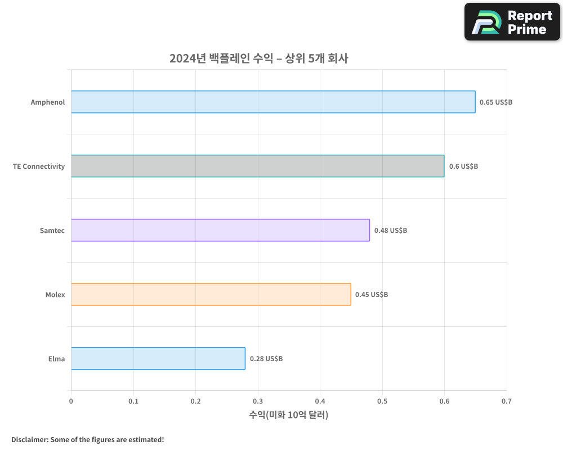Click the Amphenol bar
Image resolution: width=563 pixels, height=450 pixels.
click(273, 102)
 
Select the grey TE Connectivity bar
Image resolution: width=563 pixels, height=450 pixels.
click(257, 166)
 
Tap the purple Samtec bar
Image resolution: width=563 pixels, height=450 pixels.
click(220, 230)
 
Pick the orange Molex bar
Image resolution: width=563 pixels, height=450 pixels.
click(211, 294)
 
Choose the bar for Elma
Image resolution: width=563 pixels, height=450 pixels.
click(158, 358)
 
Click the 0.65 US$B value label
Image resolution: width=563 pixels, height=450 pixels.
click(496, 102)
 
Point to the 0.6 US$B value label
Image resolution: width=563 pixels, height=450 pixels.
click(463, 166)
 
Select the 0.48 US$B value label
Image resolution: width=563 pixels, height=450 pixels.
click(391, 231)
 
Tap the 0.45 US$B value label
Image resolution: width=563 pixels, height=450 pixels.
click(372, 295)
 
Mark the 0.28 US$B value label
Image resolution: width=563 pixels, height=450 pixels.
click(266, 359)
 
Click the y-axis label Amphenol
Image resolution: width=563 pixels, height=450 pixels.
click(48, 102)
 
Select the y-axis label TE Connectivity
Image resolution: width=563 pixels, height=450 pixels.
click(39, 166)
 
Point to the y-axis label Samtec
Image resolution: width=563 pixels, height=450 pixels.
click(52, 231)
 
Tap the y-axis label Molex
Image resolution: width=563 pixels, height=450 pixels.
click(55, 295)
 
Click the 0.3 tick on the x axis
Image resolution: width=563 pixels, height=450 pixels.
click(258, 401)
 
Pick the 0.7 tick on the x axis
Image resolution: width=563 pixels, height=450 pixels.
click(507, 401)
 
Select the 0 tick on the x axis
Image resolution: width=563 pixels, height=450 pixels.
click(71, 401)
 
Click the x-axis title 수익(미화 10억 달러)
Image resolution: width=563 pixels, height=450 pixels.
click(288, 415)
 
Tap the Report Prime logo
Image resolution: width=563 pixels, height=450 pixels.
click(512, 22)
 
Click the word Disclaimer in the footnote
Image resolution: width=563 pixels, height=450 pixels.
click(29, 439)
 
